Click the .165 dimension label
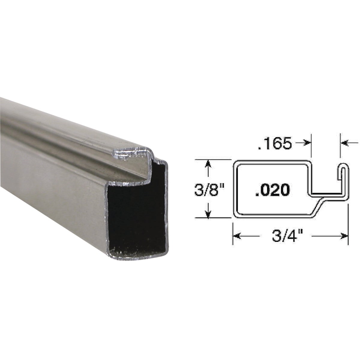(x=274, y=144)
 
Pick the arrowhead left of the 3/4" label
(x=237, y=236)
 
